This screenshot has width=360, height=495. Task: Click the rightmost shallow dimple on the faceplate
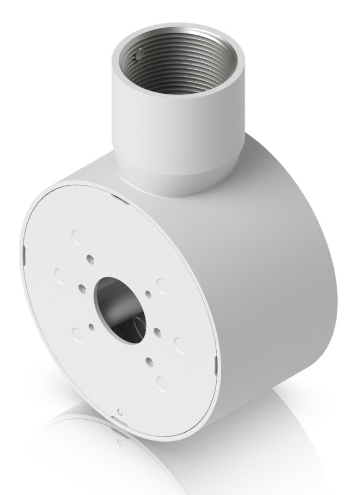click(178, 343)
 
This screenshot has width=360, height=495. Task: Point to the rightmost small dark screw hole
click(157, 330)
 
